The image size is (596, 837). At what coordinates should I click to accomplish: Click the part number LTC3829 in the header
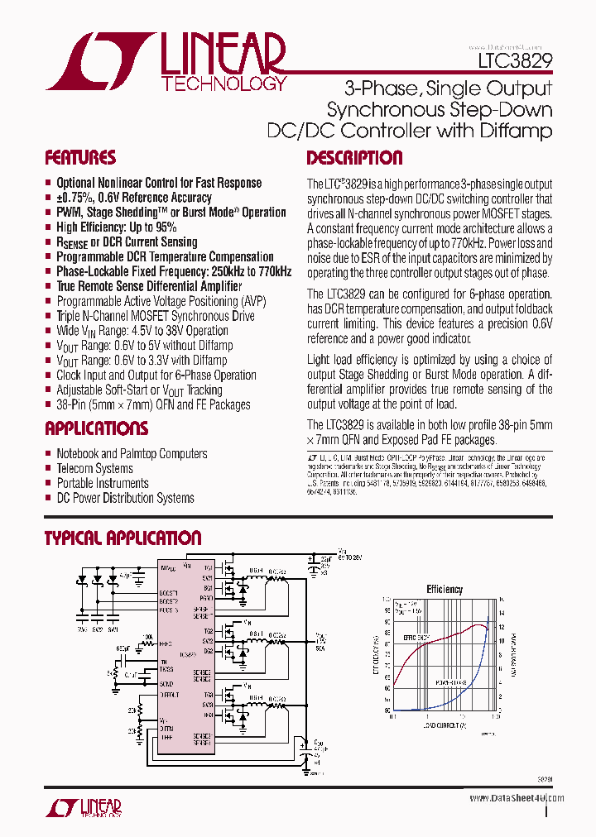[515, 61]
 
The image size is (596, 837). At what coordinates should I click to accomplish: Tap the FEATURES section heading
[79, 158]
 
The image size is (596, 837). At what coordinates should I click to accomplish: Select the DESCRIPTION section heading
[354, 158]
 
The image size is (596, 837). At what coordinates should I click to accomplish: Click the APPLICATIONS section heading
[96, 428]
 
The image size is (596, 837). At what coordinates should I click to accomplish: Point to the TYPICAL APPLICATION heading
[123, 538]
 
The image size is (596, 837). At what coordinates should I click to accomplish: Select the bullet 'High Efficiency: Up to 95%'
[116, 227]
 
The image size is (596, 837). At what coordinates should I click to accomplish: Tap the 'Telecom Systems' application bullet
[94, 469]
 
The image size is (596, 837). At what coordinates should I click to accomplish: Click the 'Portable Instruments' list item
[103, 484]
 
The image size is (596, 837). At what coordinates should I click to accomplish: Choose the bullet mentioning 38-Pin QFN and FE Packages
[153, 405]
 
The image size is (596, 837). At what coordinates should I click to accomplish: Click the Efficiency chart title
[445, 589]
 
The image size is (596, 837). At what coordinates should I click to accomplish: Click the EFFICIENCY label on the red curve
[416, 639]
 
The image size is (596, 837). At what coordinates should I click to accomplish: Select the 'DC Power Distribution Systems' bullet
[125, 499]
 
